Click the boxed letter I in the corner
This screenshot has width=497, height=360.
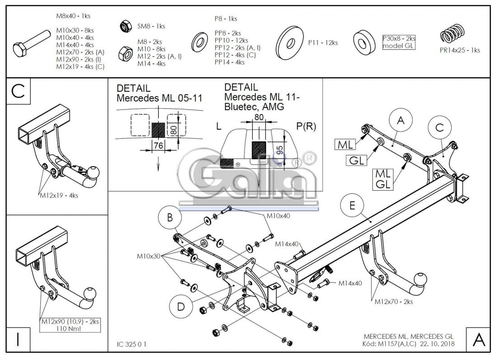[18, 340]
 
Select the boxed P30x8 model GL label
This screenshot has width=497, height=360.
[399, 42]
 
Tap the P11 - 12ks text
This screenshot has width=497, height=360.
[323, 43]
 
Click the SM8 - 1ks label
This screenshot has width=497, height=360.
[151, 27]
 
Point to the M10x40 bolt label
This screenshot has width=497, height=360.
[278, 215]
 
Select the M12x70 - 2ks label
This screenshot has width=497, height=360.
[391, 301]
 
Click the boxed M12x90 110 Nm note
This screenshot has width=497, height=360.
[70, 325]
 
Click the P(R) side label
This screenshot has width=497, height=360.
[305, 127]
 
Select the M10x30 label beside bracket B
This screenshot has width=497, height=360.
[149, 257]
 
